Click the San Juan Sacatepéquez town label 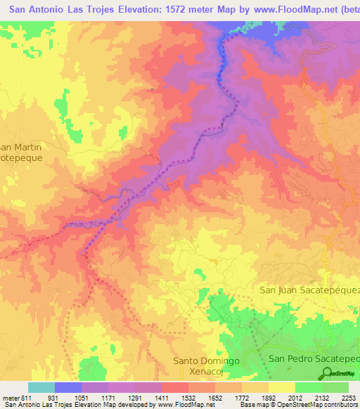click(309, 290)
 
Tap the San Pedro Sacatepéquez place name click(314, 358)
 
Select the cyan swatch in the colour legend click(41, 388)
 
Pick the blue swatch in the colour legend click(68, 388)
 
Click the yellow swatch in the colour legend click(281, 388)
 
